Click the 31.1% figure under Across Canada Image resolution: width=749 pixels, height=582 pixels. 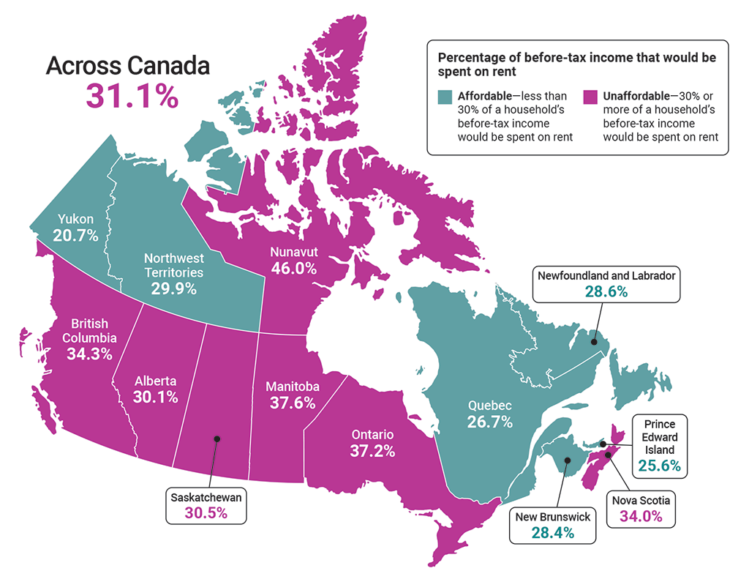[x=132, y=96]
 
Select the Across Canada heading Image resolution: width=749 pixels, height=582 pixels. [x=128, y=65]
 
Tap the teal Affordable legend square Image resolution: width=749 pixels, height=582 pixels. [x=445, y=97]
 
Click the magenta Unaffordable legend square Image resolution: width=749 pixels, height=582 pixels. [x=590, y=97]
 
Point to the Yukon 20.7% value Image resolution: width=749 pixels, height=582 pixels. [x=76, y=234]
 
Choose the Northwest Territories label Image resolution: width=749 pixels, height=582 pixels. [x=173, y=265]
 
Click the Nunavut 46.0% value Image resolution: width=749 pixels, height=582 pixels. [x=293, y=268]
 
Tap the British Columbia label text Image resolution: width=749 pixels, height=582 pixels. [x=89, y=330]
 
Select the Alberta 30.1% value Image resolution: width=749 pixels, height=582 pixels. [x=156, y=396]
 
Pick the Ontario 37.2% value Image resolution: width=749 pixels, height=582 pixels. [x=372, y=450]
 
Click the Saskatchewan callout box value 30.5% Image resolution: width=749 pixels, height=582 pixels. [x=206, y=512]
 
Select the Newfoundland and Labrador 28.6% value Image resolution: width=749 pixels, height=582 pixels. [x=606, y=291]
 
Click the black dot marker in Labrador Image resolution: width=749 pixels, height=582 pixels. [x=595, y=341]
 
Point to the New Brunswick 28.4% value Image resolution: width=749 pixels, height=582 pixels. [x=552, y=532]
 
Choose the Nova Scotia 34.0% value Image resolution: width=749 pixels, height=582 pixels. [x=641, y=516]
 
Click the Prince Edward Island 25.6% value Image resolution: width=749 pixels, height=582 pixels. [x=659, y=465]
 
